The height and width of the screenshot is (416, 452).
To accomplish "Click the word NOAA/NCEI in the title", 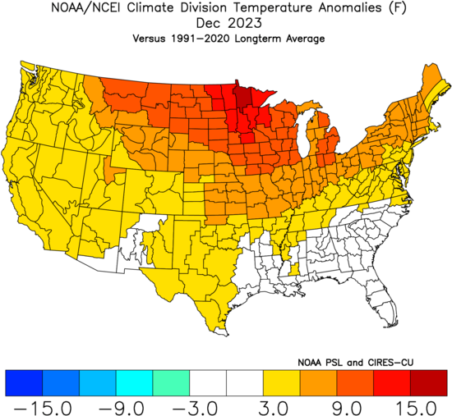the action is tap(87, 7).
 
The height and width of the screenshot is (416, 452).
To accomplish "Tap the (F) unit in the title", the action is tap(397, 8).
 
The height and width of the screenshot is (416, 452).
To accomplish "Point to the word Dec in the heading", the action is tap(209, 23).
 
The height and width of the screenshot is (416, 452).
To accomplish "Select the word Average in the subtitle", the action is tap(305, 39).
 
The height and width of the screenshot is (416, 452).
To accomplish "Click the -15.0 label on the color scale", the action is tap(43, 408).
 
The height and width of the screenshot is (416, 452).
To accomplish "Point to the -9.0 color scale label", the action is tap(121, 408).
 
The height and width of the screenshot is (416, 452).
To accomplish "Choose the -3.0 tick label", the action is tap(195, 408).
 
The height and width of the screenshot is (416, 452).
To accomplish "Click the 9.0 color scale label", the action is tap(347, 408).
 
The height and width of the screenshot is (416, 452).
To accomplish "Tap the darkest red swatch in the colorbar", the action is tap(428, 383).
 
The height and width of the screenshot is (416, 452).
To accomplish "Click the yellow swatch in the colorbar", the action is tap(281, 383).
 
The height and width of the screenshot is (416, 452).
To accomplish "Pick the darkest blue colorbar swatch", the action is tap(24, 383).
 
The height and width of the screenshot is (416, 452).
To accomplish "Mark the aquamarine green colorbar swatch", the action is tap(171, 383).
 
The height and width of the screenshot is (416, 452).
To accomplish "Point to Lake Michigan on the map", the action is tap(304, 132).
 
